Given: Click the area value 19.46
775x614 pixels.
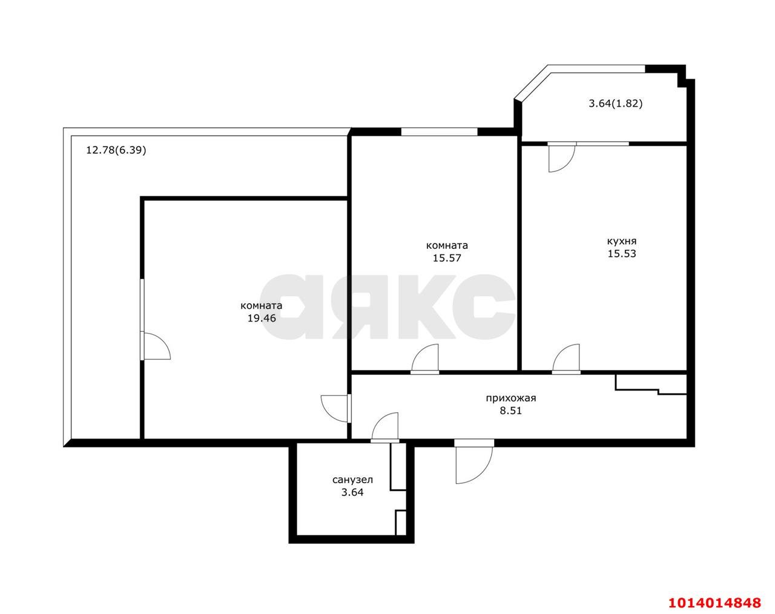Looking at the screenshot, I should coord(261,318).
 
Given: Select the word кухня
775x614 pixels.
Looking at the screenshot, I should coord(622,241).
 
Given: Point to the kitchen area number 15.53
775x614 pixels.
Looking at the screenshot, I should coord(622,254).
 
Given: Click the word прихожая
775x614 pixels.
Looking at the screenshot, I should coord(511,398).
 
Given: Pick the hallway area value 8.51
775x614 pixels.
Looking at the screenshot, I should coord(511,411).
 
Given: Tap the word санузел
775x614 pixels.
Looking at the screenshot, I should coord(352,480).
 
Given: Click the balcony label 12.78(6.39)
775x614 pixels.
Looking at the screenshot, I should coord(116,150).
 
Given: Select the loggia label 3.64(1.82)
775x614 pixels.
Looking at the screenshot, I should coord(616,104).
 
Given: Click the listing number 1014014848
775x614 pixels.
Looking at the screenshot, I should coord(714,602).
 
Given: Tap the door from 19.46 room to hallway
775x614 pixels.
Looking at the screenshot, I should coord(335,408).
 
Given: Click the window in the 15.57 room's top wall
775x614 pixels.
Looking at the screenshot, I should coord(439,131).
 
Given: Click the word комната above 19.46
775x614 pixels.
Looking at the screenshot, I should coord(261,305).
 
